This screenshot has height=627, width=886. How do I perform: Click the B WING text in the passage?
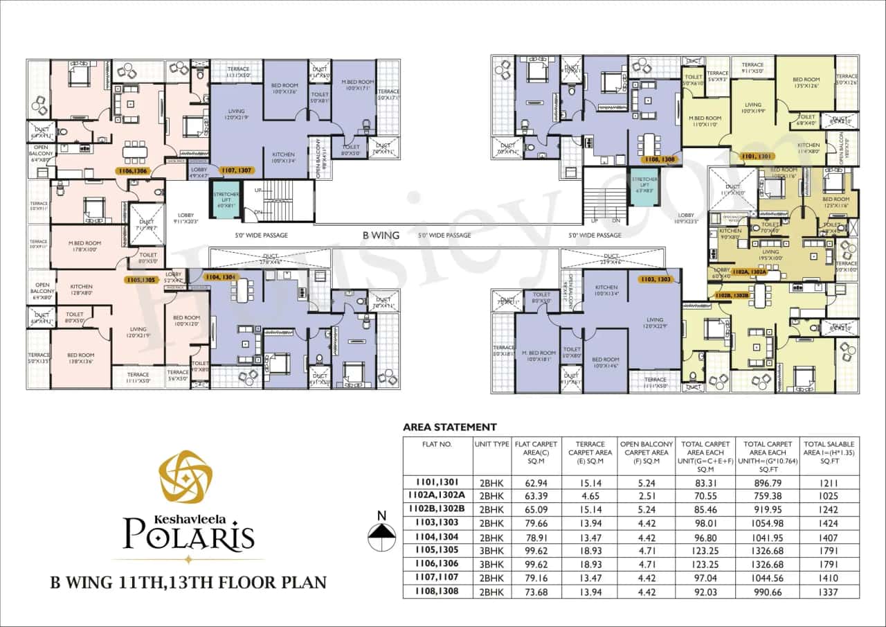381,235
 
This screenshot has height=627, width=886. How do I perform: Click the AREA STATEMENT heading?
449,427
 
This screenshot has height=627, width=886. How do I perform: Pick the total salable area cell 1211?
829,482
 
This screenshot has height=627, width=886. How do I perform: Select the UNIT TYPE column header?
491,444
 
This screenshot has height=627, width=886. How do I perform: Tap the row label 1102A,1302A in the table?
437,496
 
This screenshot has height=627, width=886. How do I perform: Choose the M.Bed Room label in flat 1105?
84,246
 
